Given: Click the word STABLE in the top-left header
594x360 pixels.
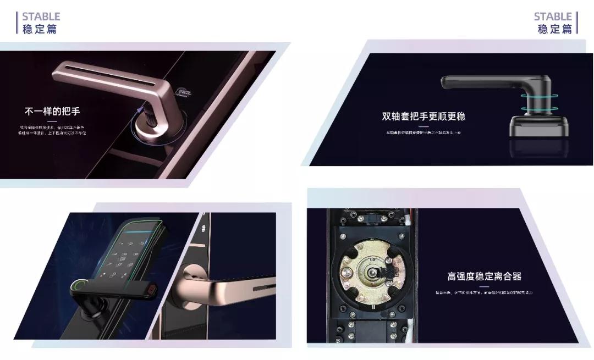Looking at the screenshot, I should pyautogui.click(x=41, y=16).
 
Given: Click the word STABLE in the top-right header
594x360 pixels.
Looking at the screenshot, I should pyautogui.click(x=553, y=16).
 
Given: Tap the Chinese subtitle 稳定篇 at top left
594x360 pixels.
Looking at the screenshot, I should pyautogui.click(x=40, y=29).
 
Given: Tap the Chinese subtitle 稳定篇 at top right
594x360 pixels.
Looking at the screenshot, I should pyautogui.click(x=554, y=29).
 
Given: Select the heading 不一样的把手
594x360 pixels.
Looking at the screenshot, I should pyautogui.click(x=52, y=112).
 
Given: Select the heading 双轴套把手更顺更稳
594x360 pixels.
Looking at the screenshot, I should pyautogui.click(x=424, y=116).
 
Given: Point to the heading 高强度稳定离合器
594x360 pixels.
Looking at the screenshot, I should pyautogui.click(x=484, y=276).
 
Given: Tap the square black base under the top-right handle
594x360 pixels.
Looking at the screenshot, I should pyautogui.click(x=538, y=126).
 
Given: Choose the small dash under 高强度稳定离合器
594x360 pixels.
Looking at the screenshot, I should pyautogui.click(x=484, y=286).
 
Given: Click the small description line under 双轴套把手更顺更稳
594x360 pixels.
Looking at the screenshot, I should pyautogui.click(x=423, y=132).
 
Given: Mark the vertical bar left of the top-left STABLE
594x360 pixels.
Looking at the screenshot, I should pyautogui.click(x=17, y=23).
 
